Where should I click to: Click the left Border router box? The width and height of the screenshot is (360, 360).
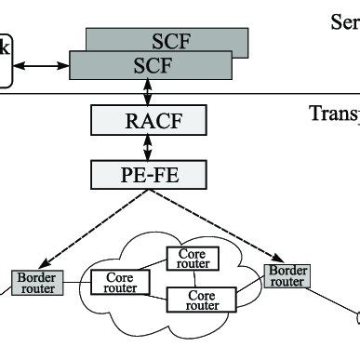(35, 283)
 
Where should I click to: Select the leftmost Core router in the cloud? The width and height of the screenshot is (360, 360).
(120, 283)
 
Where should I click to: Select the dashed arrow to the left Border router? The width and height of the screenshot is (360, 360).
(79, 228)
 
